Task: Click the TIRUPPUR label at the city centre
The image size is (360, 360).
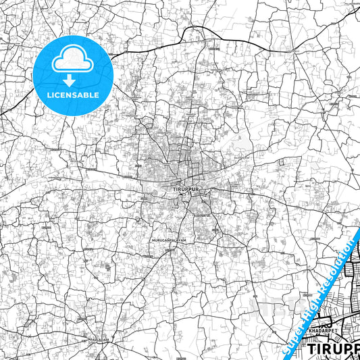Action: click(178, 189)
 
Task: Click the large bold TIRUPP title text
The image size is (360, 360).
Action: click(333, 349)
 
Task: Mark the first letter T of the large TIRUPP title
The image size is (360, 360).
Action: click(312, 349)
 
